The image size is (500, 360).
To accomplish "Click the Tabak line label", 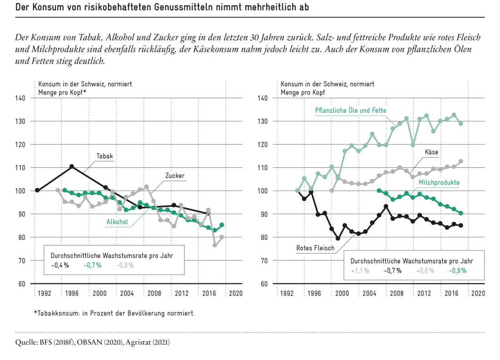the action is tap(105, 156).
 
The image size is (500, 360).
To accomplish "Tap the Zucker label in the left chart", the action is tap(175, 176).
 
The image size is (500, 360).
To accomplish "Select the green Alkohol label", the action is tap(117, 222).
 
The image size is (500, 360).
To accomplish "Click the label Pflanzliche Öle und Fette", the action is tap(350, 110).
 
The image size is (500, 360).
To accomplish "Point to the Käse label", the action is tap(431, 152).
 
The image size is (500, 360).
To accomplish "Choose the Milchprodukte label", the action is tap(439, 182).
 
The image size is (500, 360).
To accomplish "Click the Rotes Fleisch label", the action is tap(315, 248).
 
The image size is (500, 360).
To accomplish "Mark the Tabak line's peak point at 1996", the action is tap(72, 166).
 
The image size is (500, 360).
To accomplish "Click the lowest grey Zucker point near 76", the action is tap(215, 245).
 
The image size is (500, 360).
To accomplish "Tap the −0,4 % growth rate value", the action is tap(60, 265).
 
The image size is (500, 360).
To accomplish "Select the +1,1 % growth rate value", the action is tap(360, 271).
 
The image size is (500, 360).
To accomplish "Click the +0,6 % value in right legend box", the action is tap(425, 271).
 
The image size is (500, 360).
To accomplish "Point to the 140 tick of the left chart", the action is tap(20, 98).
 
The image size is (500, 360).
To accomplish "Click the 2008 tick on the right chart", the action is tap(397, 293).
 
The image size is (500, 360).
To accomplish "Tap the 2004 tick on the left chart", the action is tap(127, 293).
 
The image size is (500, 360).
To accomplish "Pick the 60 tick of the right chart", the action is tap(264, 284).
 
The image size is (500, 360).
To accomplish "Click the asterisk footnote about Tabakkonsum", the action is tap(114, 313).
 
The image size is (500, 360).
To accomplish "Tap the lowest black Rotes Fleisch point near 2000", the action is tap(338, 238).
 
